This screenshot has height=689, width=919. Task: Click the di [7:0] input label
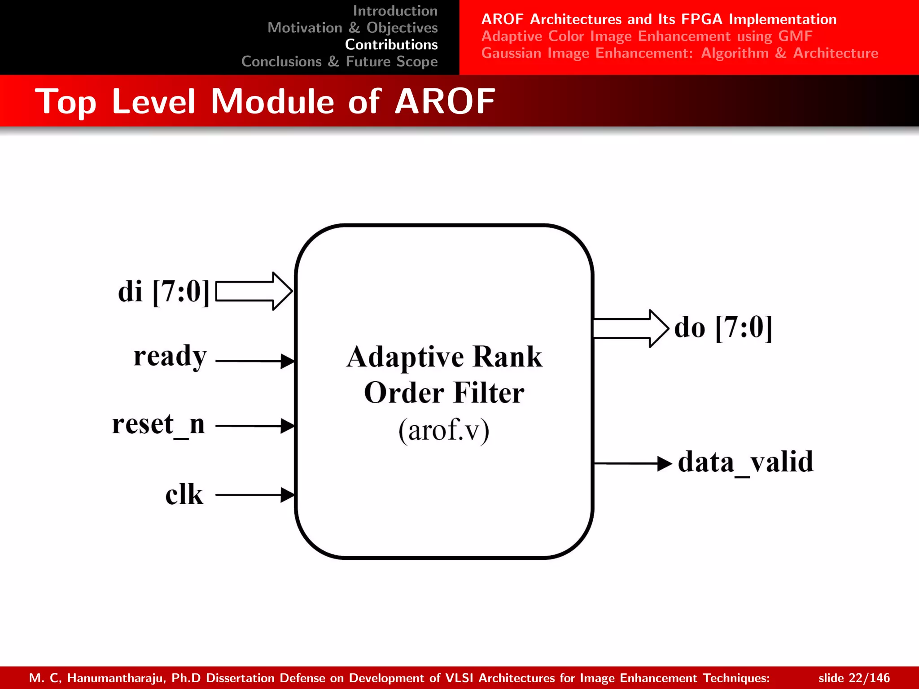(163, 292)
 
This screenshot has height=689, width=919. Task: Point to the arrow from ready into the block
(255, 361)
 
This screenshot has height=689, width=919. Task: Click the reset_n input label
(158, 424)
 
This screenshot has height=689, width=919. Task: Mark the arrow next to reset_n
(255, 426)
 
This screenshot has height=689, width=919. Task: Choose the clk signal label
(184, 495)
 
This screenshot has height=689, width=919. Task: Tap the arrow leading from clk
(255, 495)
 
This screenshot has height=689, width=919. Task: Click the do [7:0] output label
(723, 328)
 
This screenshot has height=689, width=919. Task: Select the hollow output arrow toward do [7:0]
(630, 328)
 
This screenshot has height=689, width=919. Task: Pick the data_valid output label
(745, 462)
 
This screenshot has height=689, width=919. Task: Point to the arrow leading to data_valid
(633, 463)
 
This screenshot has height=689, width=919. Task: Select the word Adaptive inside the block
(405, 358)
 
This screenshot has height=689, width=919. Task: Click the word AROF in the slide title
(445, 101)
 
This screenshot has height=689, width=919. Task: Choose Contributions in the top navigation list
(391, 44)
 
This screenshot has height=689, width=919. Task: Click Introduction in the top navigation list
(395, 10)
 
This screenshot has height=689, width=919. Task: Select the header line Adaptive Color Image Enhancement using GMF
(647, 36)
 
